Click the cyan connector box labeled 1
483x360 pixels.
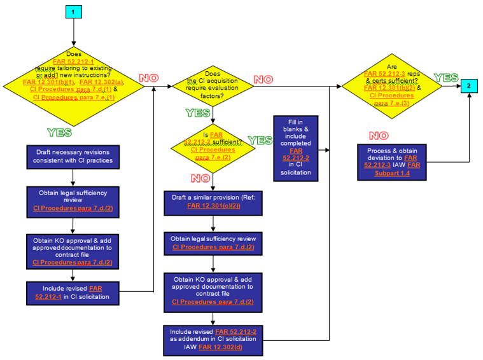(x=74, y=13)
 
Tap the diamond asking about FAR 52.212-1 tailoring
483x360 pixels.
(x=74, y=82)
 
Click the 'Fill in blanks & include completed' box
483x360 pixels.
(x=296, y=147)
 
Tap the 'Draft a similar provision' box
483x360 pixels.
(x=213, y=202)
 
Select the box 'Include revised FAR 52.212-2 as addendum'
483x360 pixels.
(x=213, y=339)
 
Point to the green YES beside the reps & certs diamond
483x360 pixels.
(x=446, y=78)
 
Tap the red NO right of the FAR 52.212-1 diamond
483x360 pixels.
(x=148, y=78)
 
